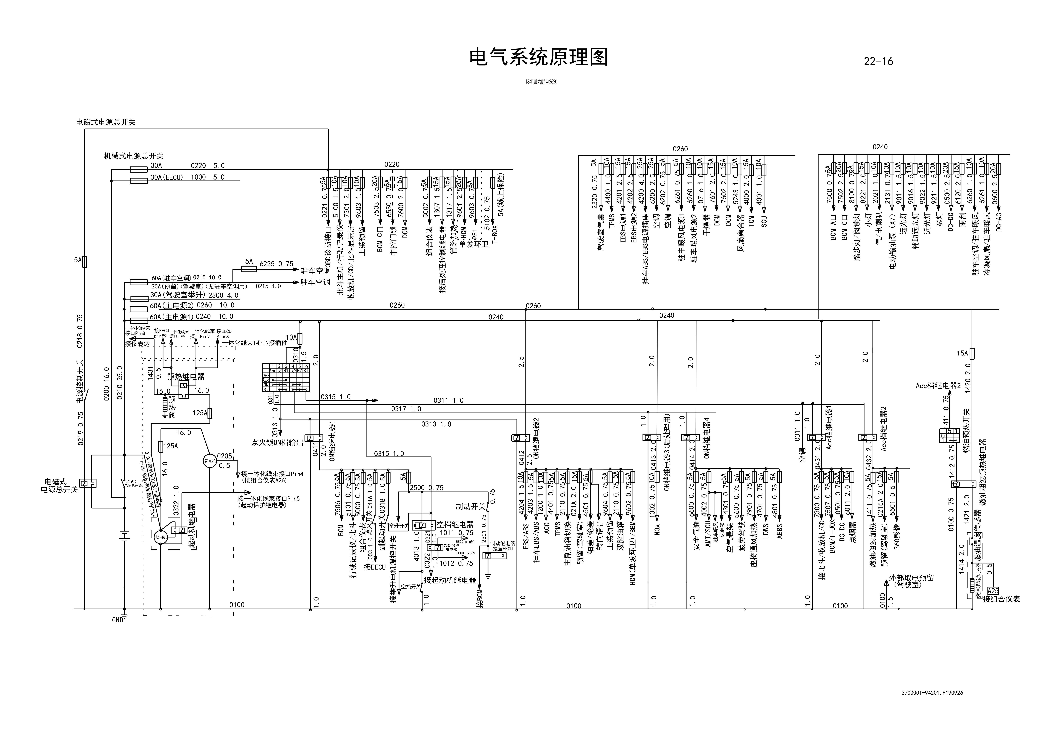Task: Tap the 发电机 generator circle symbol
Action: point(210,461)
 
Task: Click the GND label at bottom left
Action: point(118,620)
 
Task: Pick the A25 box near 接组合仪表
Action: point(993,591)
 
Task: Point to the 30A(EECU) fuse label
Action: point(167,177)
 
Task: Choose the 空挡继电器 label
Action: point(455,524)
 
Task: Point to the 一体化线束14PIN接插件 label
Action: point(254,343)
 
